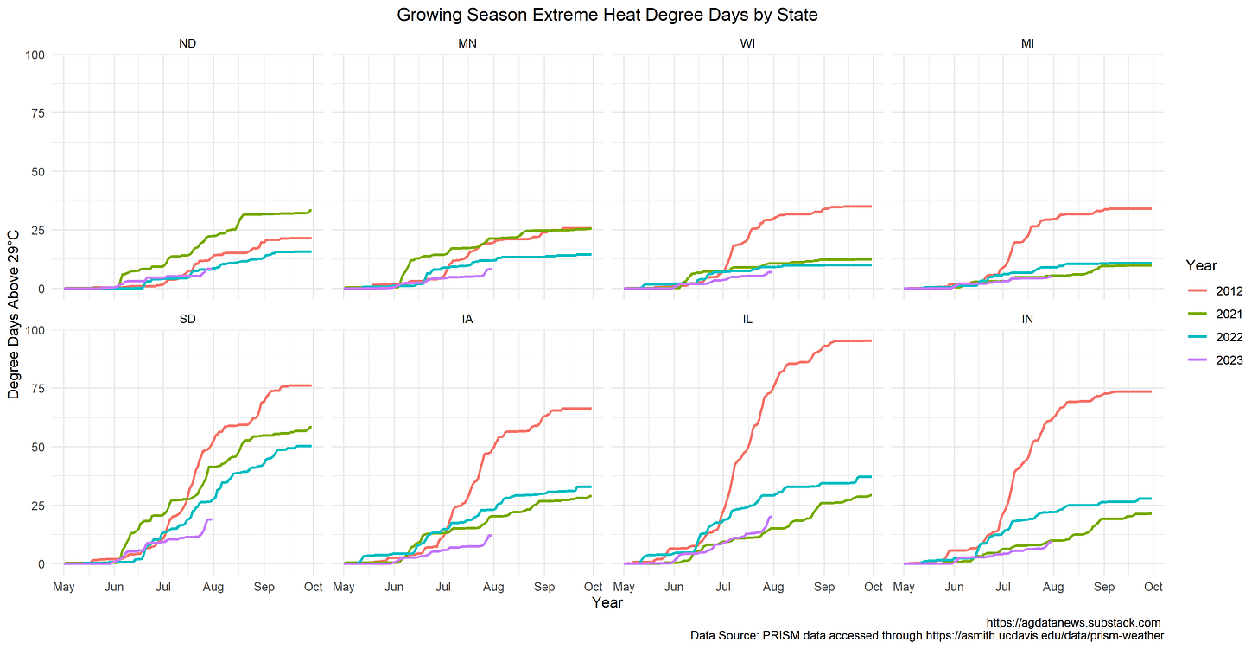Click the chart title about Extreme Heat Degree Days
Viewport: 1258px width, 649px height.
(607, 15)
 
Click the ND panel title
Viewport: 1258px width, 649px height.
(187, 44)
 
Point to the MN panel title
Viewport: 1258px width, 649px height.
(467, 44)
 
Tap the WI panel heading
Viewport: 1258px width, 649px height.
(747, 44)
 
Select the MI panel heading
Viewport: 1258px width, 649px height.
(1027, 44)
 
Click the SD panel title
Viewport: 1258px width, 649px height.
(187, 319)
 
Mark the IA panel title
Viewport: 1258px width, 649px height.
(467, 319)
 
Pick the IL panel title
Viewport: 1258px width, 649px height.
(747, 319)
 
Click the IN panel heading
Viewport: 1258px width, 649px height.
(1027, 319)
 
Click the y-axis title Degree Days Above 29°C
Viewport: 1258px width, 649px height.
(14, 314)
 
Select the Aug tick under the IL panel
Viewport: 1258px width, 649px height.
(773, 587)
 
